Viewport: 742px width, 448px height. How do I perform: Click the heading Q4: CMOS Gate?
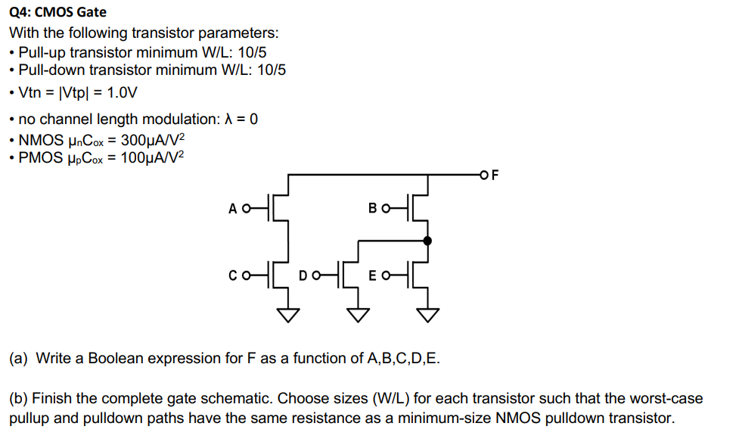(x=57, y=12)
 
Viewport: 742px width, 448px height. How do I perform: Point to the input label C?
(x=233, y=275)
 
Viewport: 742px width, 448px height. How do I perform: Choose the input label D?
(x=303, y=275)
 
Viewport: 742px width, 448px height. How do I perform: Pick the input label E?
(x=372, y=275)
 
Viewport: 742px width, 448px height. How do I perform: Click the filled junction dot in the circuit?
(x=428, y=241)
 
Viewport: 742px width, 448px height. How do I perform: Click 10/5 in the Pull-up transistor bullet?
(x=251, y=52)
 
